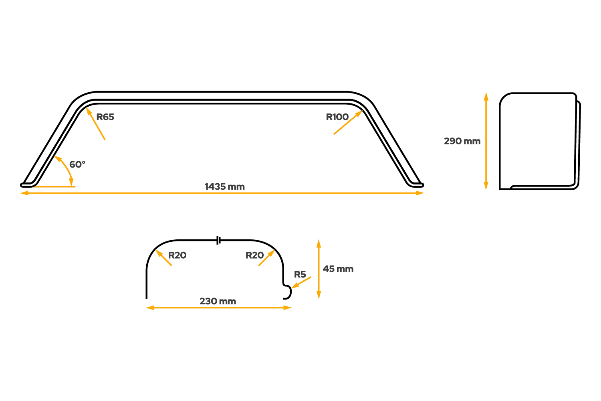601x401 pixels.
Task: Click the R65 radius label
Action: pyautogui.click(x=105, y=117)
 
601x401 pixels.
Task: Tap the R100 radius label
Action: pyautogui.click(x=337, y=117)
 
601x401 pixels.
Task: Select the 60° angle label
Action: pyautogui.click(x=77, y=164)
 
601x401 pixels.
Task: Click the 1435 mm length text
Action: pyautogui.click(x=224, y=187)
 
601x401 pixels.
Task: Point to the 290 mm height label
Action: pyautogui.click(x=462, y=141)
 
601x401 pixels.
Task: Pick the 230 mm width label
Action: pyautogui.click(x=218, y=302)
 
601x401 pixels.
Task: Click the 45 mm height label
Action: pyautogui.click(x=338, y=269)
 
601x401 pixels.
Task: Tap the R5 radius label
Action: pyautogui.click(x=300, y=275)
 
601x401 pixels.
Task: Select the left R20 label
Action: pyautogui.click(x=177, y=255)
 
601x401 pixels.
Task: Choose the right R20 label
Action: pyautogui.click(x=254, y=255)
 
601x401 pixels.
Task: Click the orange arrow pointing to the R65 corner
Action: pyautogui.click(x=95, y=124)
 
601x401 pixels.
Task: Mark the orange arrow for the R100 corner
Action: pyautogui.click(x=348, y=122)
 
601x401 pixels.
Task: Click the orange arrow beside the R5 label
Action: pyautogui.click(x=301, y=283)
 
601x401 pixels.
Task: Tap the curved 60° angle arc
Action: pyautogui.click(x=67, y=168)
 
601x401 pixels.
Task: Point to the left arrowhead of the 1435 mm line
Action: pyautogui.click(x=24, y=193)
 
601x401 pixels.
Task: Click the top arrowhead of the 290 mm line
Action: pyautogui.click(x=486, y=97)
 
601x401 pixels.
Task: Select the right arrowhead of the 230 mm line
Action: pyautogui.click(x=287, y=308)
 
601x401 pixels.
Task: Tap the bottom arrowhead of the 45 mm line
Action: pyautogui.click(x=319, y=295)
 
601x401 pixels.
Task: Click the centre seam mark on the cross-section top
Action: pyautogui.click(x=218, y=240)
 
